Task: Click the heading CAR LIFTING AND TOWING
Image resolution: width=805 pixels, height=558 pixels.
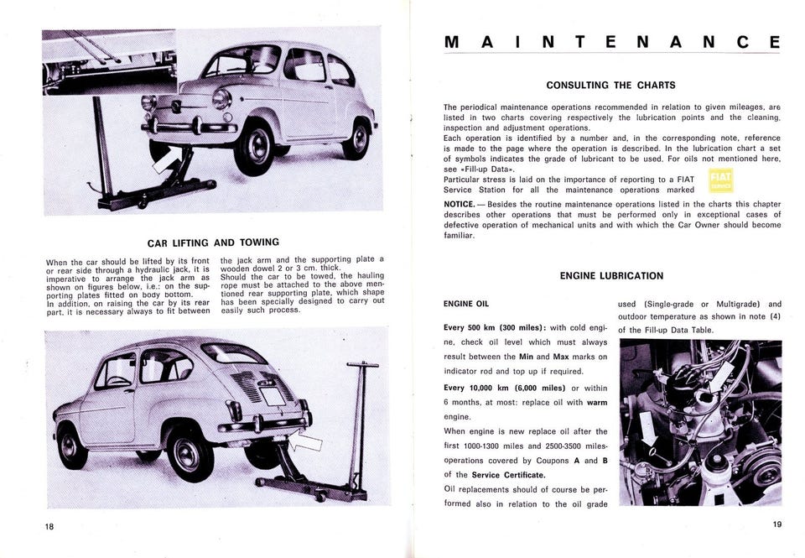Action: [213, 243]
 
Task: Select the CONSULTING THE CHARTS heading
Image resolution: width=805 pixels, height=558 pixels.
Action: [610, 86]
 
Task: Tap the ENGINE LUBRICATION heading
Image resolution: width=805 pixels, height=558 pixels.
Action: [611, 276]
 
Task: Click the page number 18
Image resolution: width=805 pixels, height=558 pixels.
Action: [51, 526]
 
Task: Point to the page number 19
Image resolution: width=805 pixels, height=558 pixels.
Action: [776, 526]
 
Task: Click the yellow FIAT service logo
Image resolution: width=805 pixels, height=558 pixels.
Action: [721, 180]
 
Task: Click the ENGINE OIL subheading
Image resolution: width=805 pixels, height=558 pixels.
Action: [466, 304]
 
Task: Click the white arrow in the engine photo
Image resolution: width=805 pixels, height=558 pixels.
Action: [648, 425]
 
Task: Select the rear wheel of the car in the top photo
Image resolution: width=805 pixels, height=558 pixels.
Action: [356, 139]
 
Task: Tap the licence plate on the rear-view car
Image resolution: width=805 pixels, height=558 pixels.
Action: [273, 395]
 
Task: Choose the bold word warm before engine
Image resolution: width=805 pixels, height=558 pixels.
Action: [597, 402]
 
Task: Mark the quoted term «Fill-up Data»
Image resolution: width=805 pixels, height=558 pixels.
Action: [474, 168]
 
